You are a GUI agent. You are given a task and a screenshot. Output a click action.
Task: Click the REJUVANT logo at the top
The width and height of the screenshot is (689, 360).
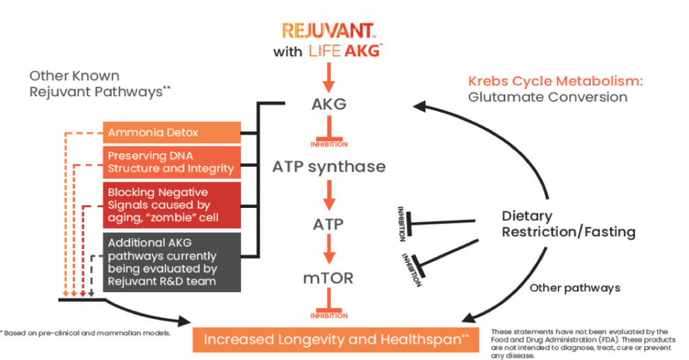[x=328, y=31]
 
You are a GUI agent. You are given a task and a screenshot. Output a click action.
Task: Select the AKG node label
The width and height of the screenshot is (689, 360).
[x=329, y=106]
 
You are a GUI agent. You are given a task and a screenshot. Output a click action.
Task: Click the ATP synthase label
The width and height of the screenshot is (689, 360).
[x=329, y=166]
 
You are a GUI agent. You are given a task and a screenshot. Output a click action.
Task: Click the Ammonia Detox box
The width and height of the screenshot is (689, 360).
[x=172, y=133]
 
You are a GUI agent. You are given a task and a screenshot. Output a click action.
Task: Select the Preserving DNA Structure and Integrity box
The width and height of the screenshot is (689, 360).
[x=172, y=162]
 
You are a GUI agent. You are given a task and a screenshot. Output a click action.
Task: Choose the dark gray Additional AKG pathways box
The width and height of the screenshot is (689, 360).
[x=172, y=261]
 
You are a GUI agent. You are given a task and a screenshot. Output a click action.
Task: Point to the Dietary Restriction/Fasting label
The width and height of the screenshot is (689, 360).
[x=568, y=224]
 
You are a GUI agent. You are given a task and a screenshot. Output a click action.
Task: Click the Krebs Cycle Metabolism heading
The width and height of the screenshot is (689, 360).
[x=555, y=81]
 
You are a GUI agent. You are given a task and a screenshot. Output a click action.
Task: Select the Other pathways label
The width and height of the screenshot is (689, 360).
[x=575, y=287]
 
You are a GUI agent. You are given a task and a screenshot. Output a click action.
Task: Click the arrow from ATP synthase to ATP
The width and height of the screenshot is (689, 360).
[x=329, y=193]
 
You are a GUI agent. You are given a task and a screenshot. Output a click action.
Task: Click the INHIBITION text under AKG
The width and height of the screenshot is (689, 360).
[x=329, y=144]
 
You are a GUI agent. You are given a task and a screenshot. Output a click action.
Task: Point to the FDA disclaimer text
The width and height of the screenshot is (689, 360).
[x=580, y=343]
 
